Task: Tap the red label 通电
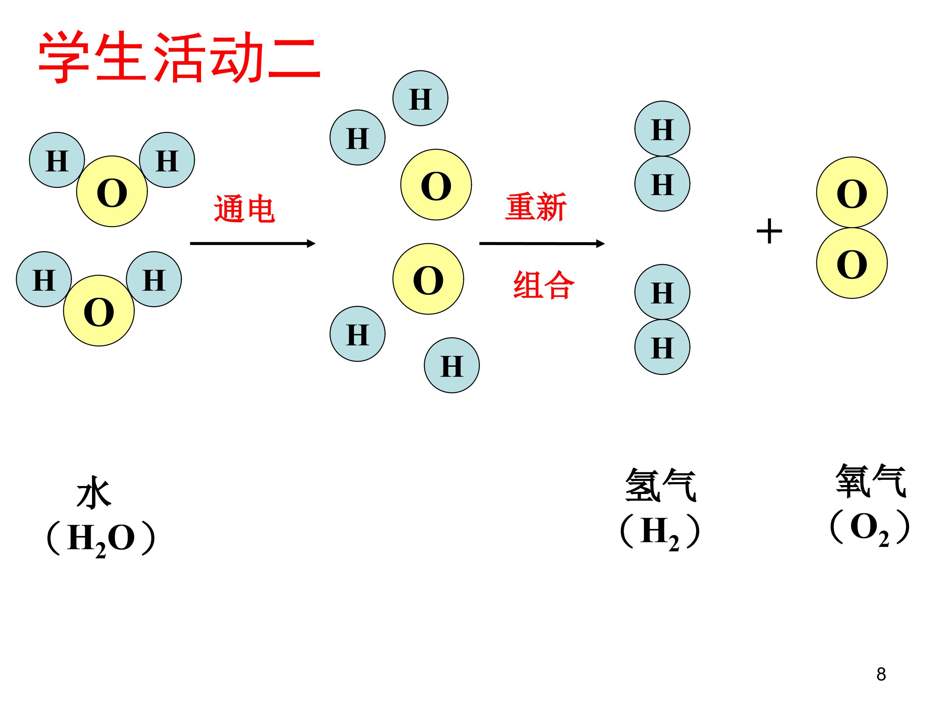(x=244, y=209)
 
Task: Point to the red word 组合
(x=544, y=285)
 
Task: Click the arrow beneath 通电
(x=252, y=244)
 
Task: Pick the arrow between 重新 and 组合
(x=542, y=244)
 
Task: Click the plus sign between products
(x=769, y=231)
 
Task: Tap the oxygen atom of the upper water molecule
(x=112, y=191)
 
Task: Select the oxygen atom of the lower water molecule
(x=99, y=311)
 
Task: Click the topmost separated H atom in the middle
(x=420, y=99)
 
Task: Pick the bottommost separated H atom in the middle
(x=452, y=365)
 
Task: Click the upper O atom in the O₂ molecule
(x=852, y=192)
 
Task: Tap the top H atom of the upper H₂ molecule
(x=662, y=129)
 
